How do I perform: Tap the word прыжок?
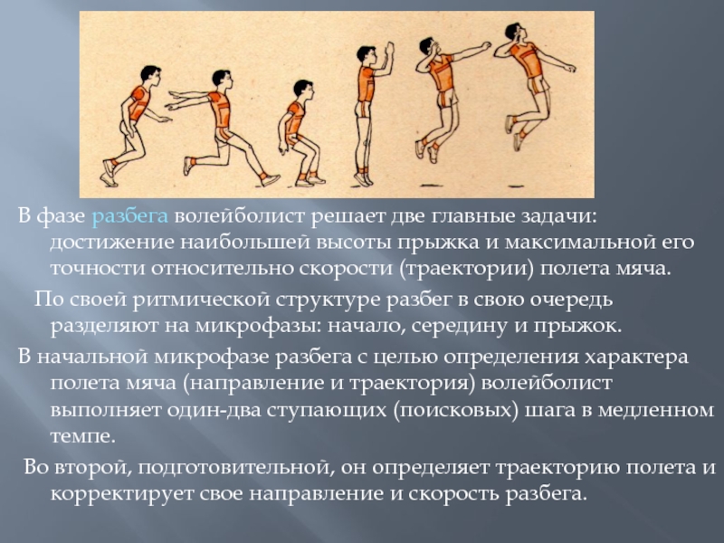coord(576,325)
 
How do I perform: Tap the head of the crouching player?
coord(301,90)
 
